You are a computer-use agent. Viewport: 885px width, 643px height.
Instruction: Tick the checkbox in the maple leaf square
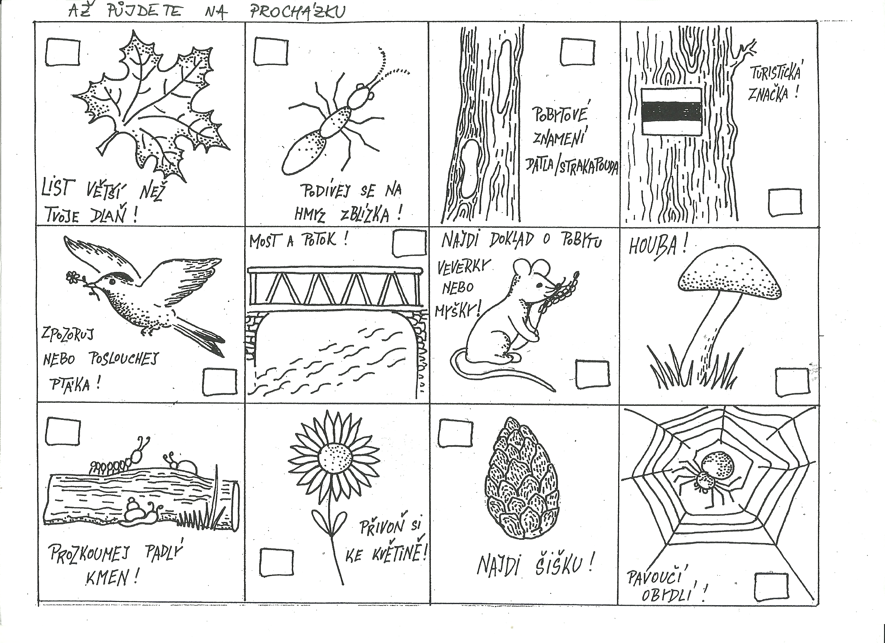(x=63, y=52)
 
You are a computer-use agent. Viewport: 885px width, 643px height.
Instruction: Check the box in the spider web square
(x=771, y=587)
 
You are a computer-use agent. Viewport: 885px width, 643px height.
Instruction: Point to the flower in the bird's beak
(x=72, y=277)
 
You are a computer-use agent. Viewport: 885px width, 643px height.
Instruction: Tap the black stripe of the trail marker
(x=672, y=110)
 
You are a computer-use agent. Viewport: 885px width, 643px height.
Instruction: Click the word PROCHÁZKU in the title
(x=298, y=11)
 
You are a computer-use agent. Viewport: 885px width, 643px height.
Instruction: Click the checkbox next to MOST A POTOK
(x=408, y=243)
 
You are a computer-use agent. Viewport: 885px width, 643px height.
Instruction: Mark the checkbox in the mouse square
(x=592, y=374)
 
